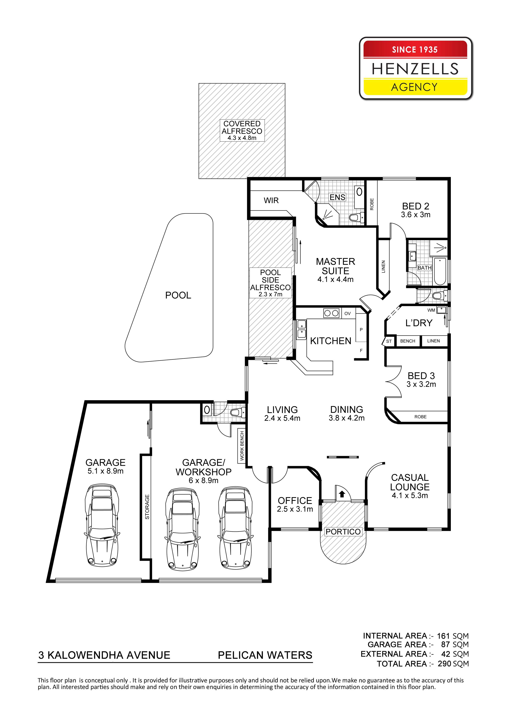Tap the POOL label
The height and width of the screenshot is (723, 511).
[x=178, y=295]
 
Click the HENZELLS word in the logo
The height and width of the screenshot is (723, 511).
[x=415, y=69]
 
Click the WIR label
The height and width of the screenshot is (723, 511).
[x=271, y=201]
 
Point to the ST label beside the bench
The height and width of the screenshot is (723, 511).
[x=389, y=341]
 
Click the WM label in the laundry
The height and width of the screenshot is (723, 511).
[x=431, y=310]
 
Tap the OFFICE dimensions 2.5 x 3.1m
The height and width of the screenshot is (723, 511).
[x=295, y=509]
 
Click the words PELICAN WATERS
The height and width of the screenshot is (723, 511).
[x=265, y=655]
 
